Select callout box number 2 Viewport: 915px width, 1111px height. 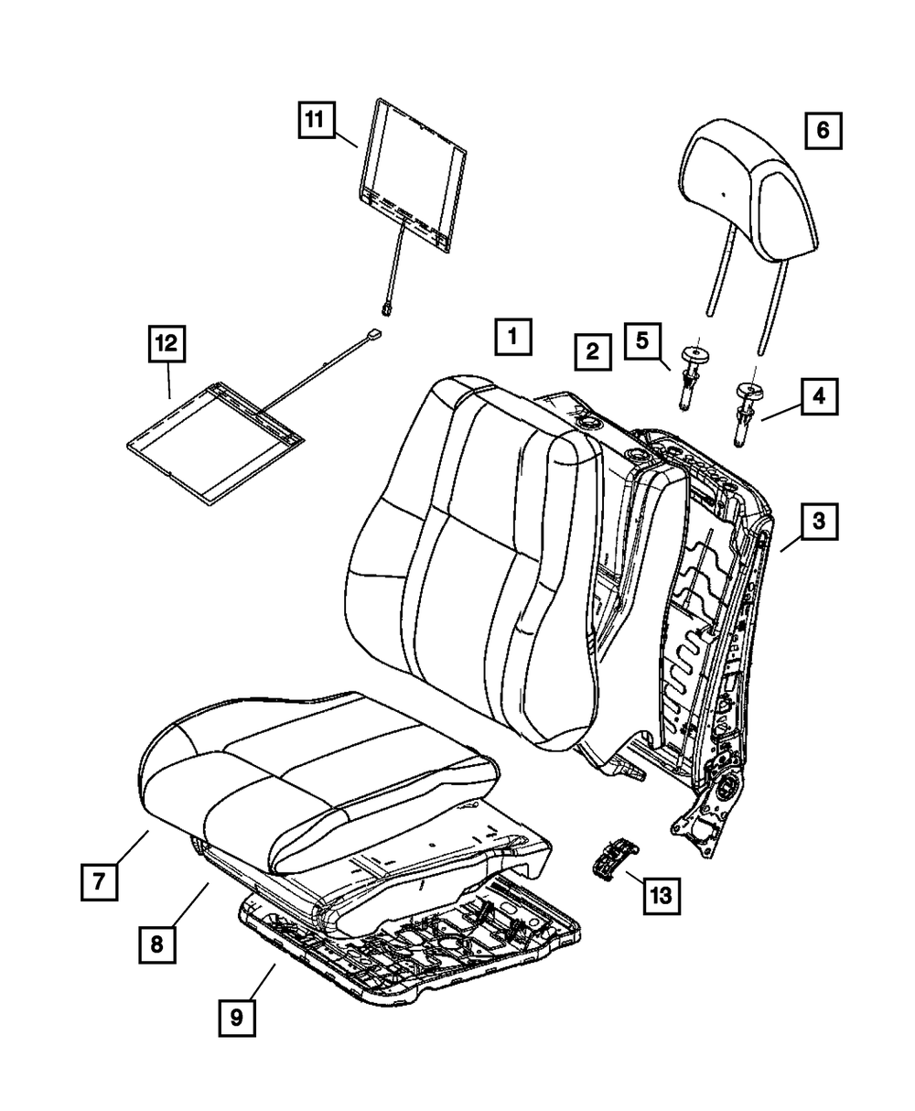[x=593, y=351]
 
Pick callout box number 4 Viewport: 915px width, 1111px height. [x=819, y=397]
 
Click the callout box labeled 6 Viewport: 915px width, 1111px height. [x=822, y=131]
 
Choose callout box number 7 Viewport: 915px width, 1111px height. [x=98, y=881]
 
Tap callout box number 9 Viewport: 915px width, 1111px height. [x=237, y=1019]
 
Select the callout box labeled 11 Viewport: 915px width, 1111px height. [x=314, y=120]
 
